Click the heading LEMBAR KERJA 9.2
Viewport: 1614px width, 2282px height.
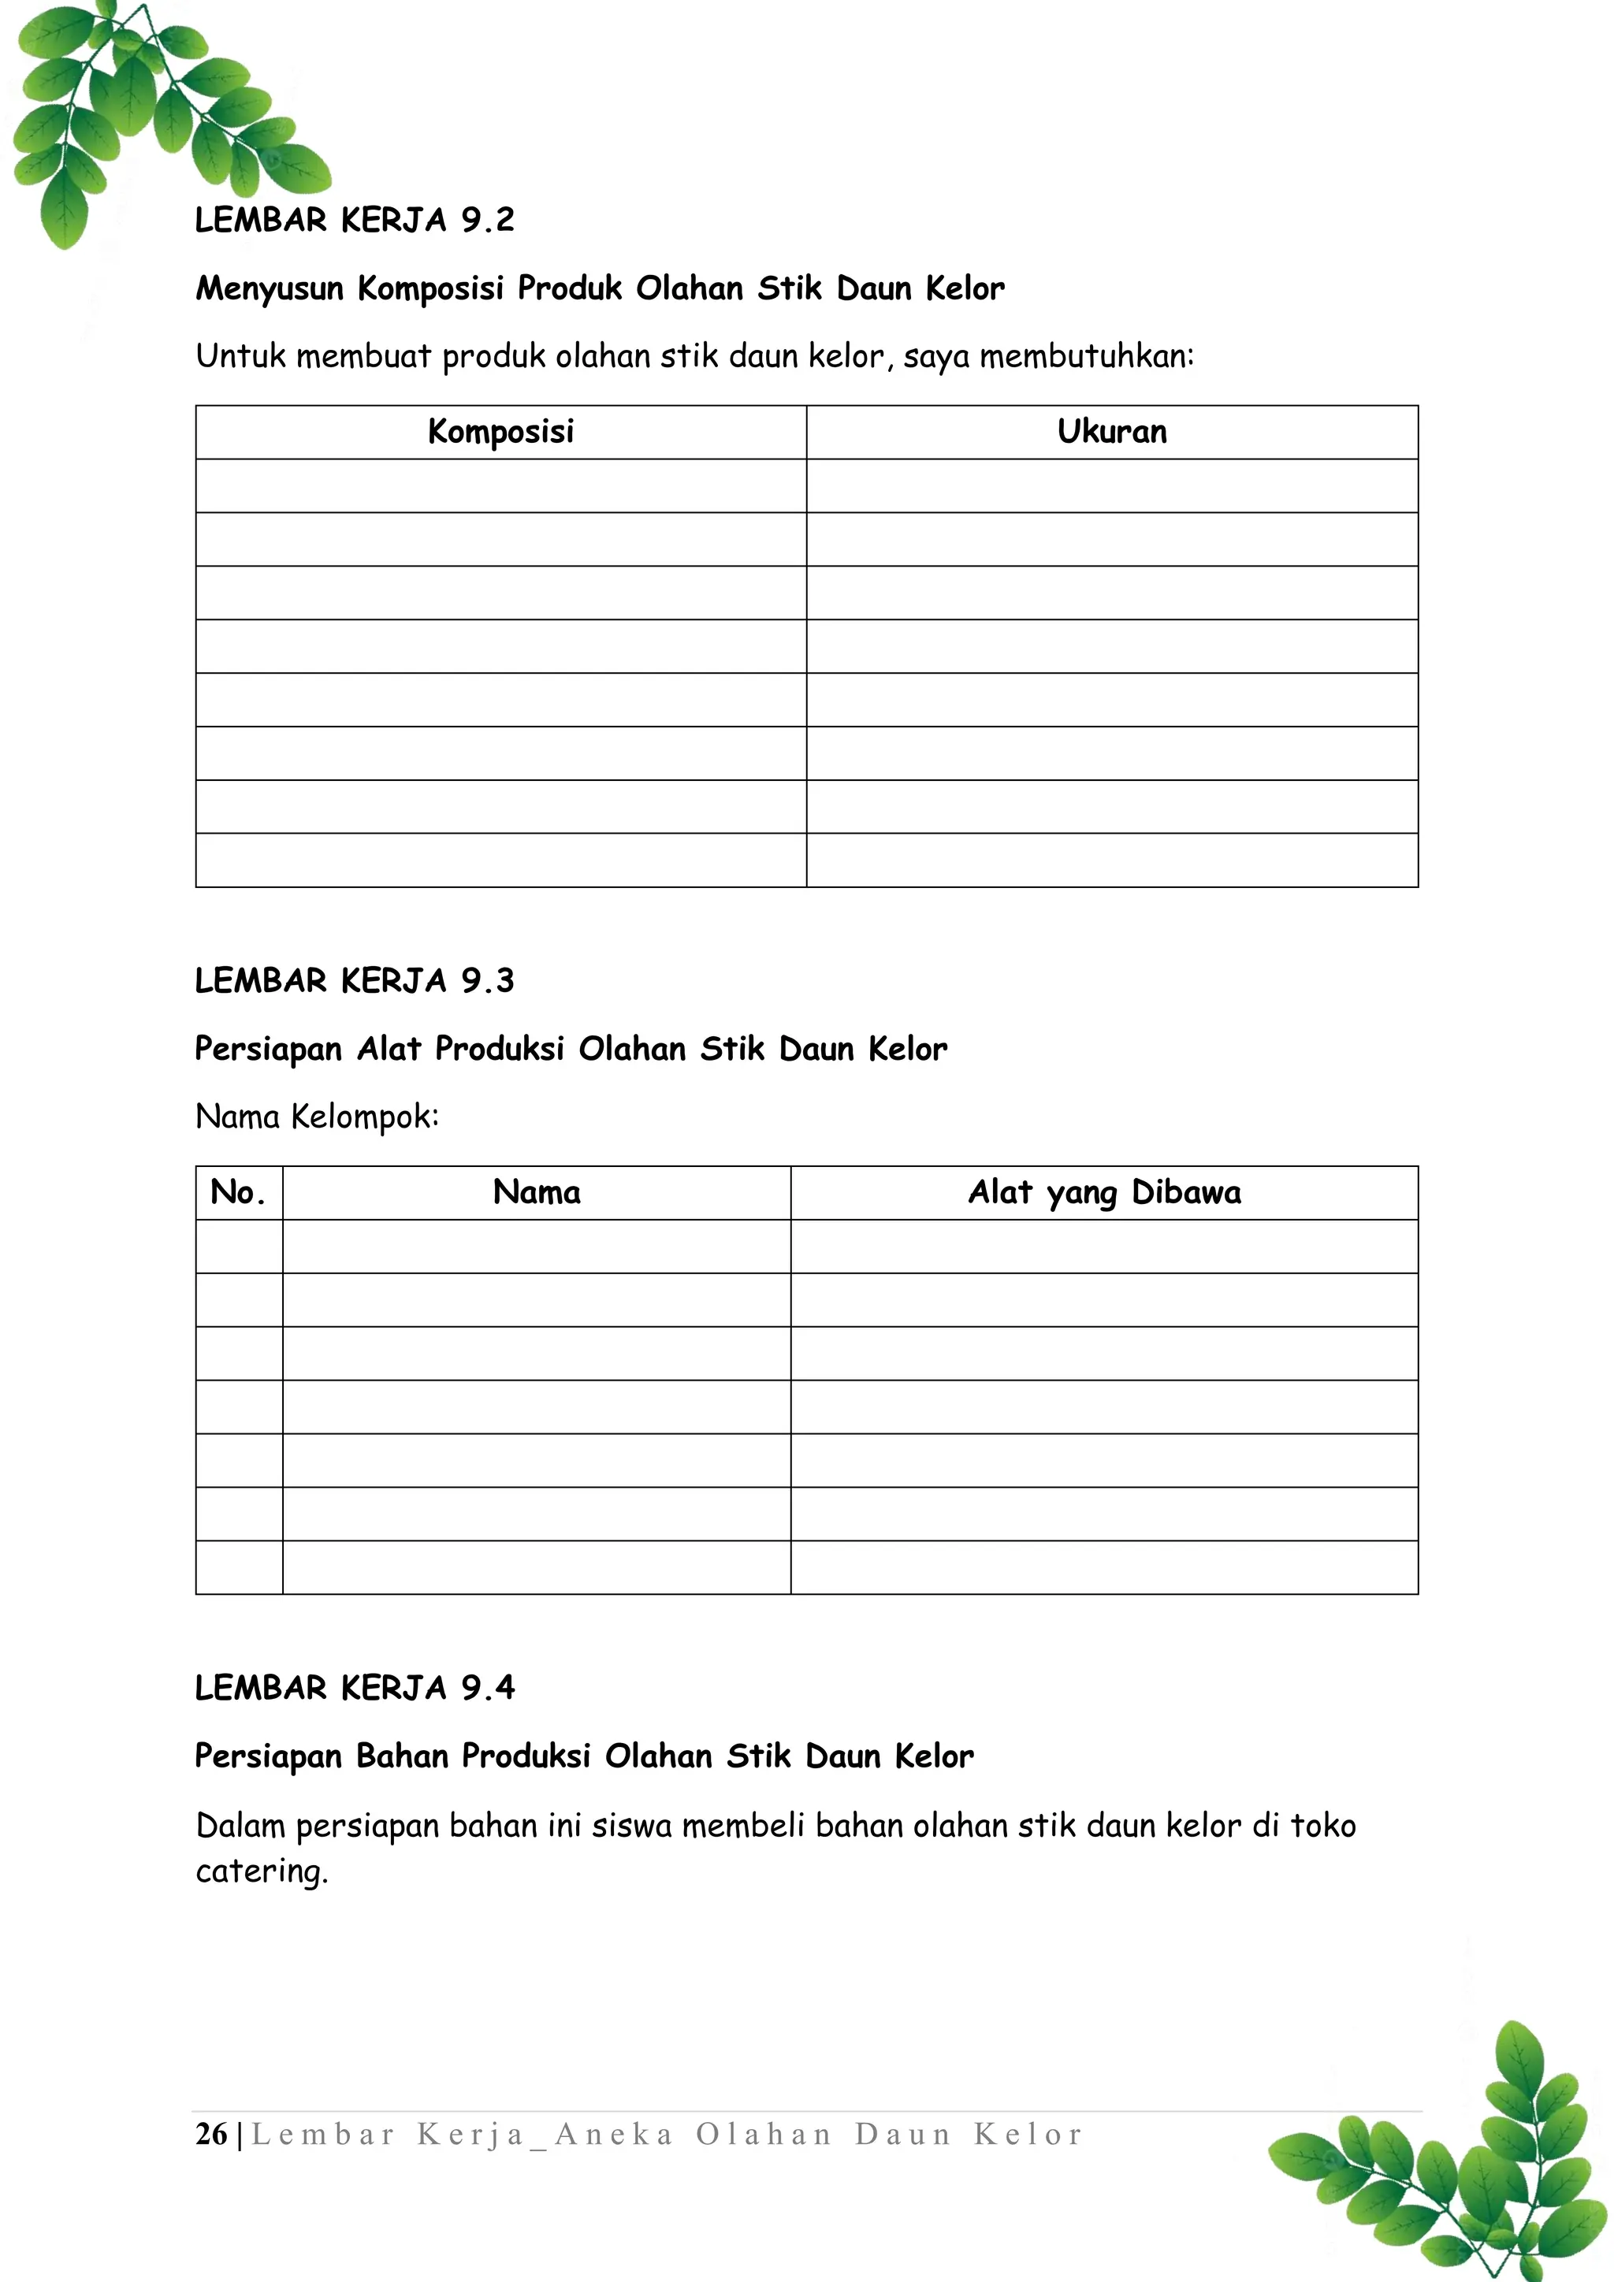click(x=354, y=220)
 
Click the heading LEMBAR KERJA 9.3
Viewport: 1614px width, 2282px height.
click(x=354, y=981)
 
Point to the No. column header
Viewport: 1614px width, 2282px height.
click(x=239, y=1193)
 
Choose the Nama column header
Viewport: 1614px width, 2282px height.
click(x=537, y=1193)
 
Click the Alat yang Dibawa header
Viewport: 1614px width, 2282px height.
click(x=1104, y=1193)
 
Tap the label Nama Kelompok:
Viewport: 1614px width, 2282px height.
click(x=317, y=1117)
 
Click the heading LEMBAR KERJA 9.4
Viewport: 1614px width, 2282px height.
click(x=354, y=1688)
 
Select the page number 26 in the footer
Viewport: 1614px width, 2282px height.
click(x=210, y=2134)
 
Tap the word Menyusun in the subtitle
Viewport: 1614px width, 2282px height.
click(x=270, y=289)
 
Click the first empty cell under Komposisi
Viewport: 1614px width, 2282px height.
click(x=501, y=486)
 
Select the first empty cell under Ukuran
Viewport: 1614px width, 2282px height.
click(x=1112, y=486)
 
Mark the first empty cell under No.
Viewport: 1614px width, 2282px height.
click(x=239, y=1247)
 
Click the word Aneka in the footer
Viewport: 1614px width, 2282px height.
click(x=613, y=2134)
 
